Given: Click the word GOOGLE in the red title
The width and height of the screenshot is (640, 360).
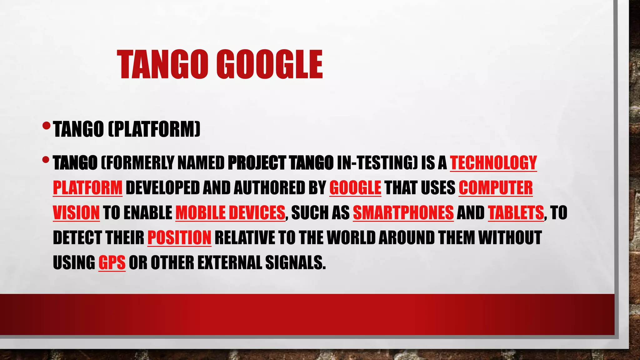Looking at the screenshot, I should coord(269,65).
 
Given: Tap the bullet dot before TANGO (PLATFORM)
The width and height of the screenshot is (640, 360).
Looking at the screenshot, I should coord(46,126).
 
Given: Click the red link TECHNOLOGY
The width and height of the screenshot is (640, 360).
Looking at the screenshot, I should coord(493,163).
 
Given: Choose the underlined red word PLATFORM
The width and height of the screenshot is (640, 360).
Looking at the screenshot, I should coord(87,188).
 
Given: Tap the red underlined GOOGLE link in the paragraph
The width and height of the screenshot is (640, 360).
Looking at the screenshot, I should coord(355,188).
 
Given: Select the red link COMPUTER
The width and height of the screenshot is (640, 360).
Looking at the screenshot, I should coord(495,188).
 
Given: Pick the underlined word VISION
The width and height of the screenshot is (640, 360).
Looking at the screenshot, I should coord(76,213).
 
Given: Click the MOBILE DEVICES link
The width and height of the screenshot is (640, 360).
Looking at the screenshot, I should coord(230,213).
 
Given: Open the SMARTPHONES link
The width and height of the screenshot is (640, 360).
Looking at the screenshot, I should coord(403,213).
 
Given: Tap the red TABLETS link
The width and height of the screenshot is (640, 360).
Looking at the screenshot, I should coord(516,213).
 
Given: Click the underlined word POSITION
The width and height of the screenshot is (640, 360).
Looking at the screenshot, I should coord(179,238).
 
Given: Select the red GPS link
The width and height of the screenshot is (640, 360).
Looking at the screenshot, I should coord(112,263).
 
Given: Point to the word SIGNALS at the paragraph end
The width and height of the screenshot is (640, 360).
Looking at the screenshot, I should coord(295,263).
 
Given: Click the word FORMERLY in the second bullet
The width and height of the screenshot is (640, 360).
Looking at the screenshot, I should coord(137,163).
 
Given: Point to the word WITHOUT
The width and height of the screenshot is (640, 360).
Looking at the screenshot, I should coord(510,238).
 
